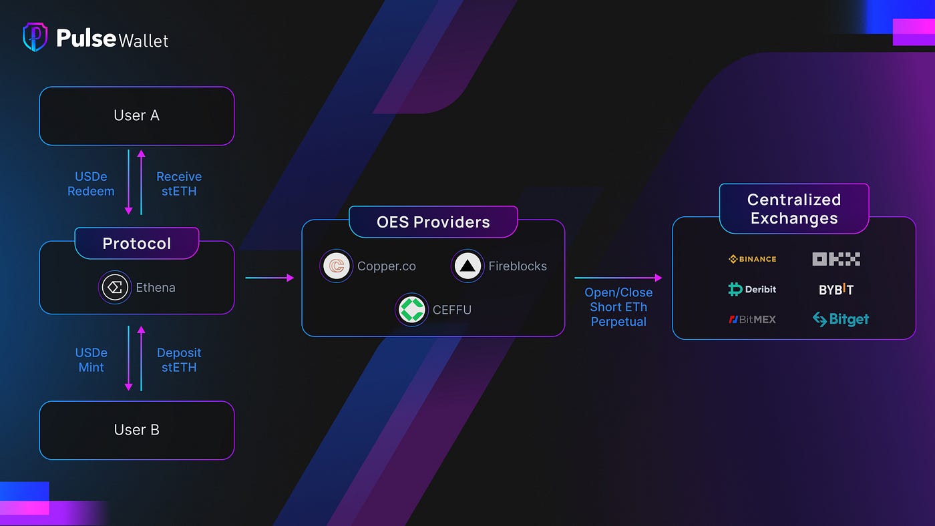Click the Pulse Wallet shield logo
pos(35,37)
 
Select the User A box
pos(136,115)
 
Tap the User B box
pos(136,430)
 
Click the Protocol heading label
pos(136,244)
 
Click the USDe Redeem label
pos(91,184)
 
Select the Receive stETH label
pos(178,184)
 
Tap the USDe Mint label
pos(91,360)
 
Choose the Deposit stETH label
pos(178,360)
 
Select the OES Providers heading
pos(433,222)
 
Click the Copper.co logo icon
pos(336,266)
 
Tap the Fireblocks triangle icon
pos(467,266)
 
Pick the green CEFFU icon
pos(411,310)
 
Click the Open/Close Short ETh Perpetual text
pos(618,307)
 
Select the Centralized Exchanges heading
pos(793,209)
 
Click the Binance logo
pos(752,259)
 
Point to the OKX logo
pos(835,259)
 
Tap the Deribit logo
pos(752,289)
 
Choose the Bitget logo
pos(840,319)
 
